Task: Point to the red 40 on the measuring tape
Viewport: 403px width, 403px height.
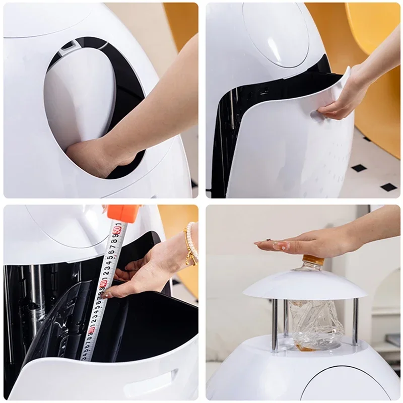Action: tap(103, 284)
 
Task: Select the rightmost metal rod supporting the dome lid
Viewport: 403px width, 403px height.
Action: tap(355, 322)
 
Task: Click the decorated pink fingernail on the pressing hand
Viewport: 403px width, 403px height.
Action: tap(280, 246)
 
